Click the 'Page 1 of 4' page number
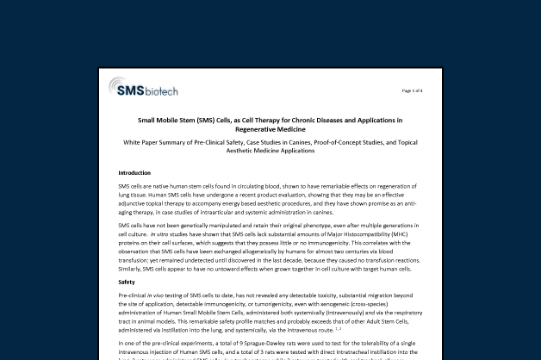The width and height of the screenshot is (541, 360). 412,90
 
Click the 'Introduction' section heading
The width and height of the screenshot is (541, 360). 134,173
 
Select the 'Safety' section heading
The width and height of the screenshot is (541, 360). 127,282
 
